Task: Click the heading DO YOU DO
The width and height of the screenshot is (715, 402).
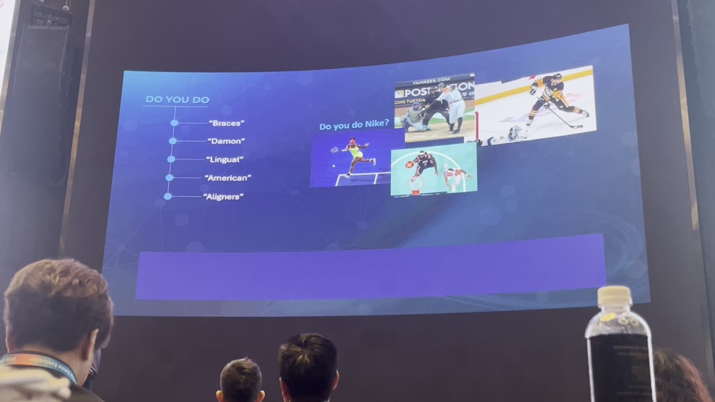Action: [177, 99]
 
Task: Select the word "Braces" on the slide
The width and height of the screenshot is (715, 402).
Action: [226, 123]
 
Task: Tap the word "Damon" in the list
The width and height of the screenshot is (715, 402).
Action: [226, 141]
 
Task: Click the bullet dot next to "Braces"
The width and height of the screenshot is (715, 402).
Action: [174, 123]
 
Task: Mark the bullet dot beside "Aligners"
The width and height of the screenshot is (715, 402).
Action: [167, 196]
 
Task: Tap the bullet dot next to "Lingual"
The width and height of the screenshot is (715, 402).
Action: [171, 159]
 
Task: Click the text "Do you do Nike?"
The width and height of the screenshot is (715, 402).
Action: [354, 126]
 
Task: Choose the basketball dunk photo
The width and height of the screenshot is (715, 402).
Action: [434, 170]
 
